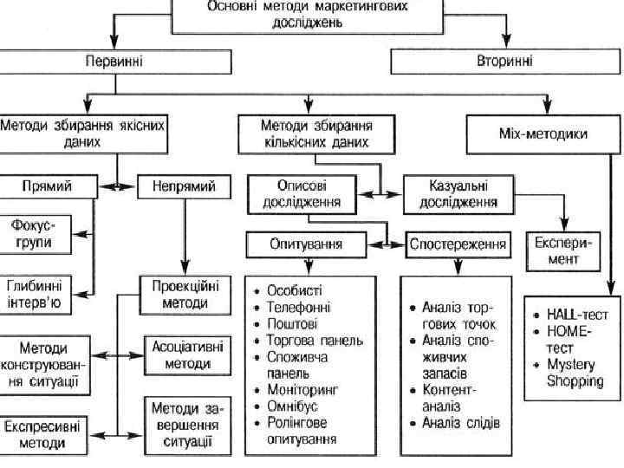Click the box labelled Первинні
coord(115,62)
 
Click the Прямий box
coord(48,186)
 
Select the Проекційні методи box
coord(185,294)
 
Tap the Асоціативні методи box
coord(186,354)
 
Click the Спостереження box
coord(457,244)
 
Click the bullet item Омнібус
coord(295,406)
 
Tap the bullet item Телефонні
coord(298,307)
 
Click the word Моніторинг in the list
coord(302,390)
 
